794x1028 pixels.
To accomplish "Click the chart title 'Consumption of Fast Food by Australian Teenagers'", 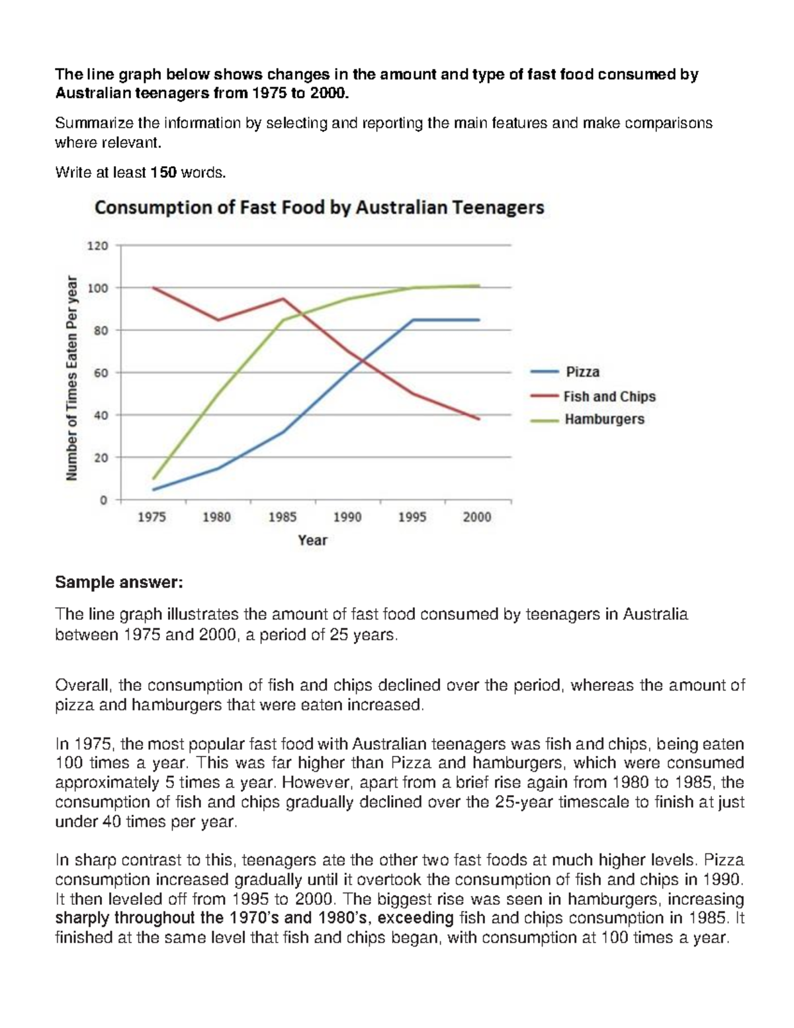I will point(319,208).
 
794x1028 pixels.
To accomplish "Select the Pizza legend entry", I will point(582,372).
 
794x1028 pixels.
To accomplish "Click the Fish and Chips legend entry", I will point(609,397).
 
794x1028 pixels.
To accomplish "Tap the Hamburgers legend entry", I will point(603,419).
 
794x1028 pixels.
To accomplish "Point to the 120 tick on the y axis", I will point(97,246).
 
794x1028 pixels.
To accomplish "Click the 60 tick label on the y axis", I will point(100,373).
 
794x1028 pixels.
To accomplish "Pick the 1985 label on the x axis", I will point(282,517).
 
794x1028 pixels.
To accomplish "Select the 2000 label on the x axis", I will point(477,517).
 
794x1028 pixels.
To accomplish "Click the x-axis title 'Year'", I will point(312,540).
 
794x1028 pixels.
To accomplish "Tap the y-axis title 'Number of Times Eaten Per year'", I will point(72,378).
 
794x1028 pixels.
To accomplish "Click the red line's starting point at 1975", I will point(154,288).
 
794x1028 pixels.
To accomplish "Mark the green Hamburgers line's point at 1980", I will point(218,394).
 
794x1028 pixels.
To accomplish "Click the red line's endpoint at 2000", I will point(478,419).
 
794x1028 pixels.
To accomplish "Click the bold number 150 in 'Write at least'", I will point(163,173).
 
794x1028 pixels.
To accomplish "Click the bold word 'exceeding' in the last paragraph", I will point(415,918).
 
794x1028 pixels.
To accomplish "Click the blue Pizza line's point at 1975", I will point(154,490).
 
